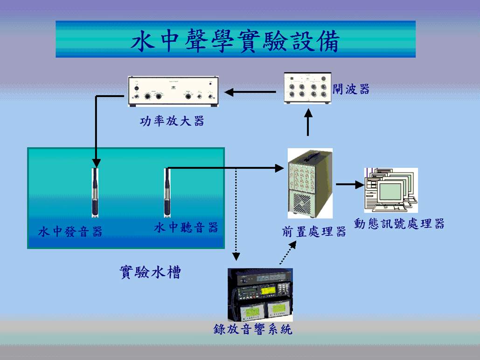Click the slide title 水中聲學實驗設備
point(235,41)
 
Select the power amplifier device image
point(173,91)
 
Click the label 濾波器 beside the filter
point(351,90)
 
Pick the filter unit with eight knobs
point(307,88)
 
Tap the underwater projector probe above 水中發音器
point(96,192)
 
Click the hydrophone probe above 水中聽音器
point(167,192)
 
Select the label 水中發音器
point(70,231)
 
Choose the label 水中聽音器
point(186,228)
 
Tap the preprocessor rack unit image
point(310,183)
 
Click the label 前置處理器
point(314,232)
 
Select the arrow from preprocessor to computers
point(349,185)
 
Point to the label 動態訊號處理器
point(399,224)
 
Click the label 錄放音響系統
point(253,329)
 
